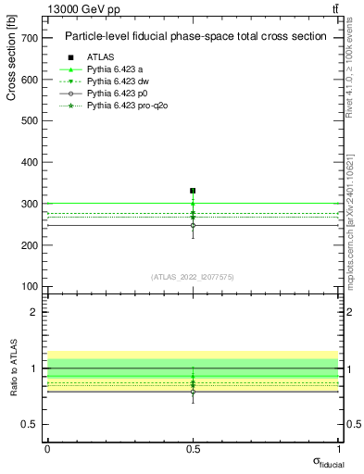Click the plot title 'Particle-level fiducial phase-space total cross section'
point(195,37)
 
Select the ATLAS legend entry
point(100,56)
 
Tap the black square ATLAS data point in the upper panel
point(193,191)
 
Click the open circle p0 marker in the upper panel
point(193,225)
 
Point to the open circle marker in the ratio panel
point(193,392)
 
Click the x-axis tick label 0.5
point(193,449)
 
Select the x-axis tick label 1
point(339,449)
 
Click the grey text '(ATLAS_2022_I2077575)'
point(193,277)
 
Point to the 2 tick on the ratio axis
point(32,312)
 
